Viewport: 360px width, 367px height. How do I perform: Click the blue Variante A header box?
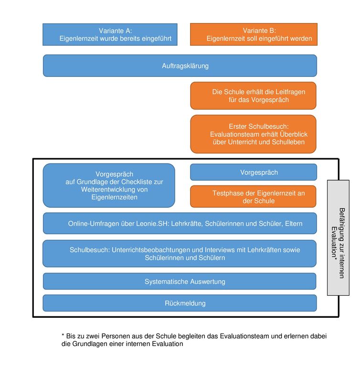(110, 34)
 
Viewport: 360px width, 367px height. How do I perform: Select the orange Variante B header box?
(254, 34)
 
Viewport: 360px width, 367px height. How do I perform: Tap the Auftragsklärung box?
(180, 66)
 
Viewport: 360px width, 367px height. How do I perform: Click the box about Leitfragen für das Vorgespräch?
(254, 96)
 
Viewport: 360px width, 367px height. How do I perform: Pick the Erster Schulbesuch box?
(254, 134)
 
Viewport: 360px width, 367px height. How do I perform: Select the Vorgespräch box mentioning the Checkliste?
(109, 185)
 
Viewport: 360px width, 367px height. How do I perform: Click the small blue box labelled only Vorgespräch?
(254, 172)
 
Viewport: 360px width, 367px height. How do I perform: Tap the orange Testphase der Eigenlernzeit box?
(254, 196)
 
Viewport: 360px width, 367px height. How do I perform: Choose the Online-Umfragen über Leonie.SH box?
(180, 224)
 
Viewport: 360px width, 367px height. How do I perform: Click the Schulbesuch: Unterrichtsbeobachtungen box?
(180, 254)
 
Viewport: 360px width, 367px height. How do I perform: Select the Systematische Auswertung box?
(180, 281)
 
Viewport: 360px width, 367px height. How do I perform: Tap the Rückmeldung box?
(180, 303)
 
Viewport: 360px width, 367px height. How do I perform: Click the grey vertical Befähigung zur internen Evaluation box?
(338, 238)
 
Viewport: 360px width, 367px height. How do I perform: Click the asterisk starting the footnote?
(63, 335)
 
